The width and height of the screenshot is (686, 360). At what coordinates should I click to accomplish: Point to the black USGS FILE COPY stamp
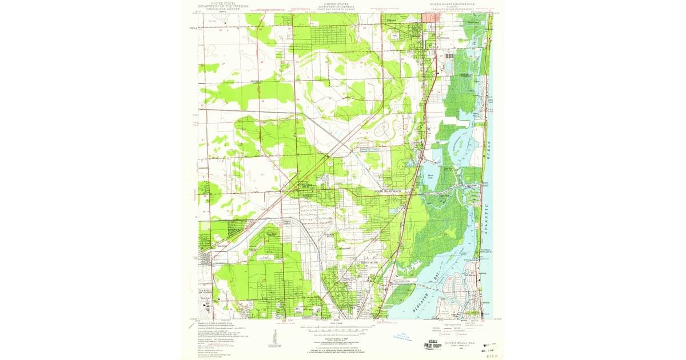point(433,343)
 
